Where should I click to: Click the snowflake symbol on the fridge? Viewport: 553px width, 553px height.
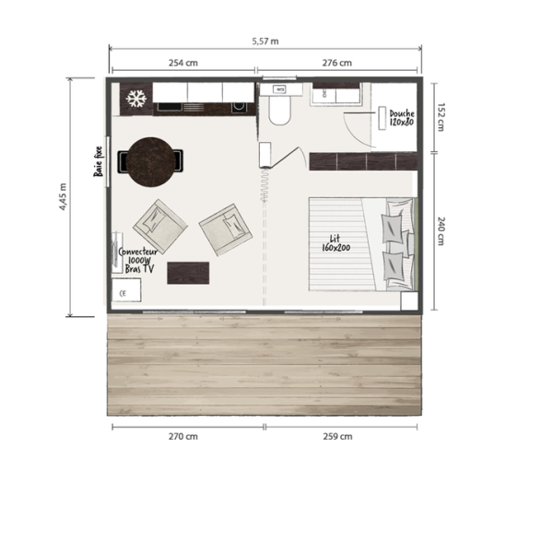[x=136, y=99]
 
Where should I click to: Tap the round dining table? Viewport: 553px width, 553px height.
[x=150, y=162]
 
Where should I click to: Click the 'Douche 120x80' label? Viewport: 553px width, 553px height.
[x=402, y=118]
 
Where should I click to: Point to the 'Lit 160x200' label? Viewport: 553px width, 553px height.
[x=336, y=243]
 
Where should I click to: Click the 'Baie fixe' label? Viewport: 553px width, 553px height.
[x=99, y=161]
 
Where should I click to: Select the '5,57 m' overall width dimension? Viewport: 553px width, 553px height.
[x=265, y=41]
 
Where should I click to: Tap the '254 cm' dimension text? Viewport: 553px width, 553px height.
[x=183, y=63]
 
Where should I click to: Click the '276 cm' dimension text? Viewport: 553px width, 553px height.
[x=336, y=63]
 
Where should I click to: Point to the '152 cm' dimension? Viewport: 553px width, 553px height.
[x=441, y=117]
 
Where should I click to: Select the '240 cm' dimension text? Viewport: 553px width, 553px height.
[x=441, y=231]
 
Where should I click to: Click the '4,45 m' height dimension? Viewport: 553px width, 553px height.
[x=63, y=197]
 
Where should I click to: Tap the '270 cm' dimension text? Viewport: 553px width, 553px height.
[x=183, y=436]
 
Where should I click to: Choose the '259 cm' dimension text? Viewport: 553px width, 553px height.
[x=337, y=436]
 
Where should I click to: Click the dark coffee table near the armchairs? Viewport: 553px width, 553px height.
[x=188, y=273]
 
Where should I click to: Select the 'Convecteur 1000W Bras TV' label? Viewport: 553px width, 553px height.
[x=138, y=260]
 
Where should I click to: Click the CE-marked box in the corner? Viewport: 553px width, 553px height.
[x=126, y=290]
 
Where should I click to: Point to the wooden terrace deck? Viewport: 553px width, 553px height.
[x=265, y=365]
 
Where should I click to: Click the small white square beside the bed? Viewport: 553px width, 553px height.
[x=409, y=300]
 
